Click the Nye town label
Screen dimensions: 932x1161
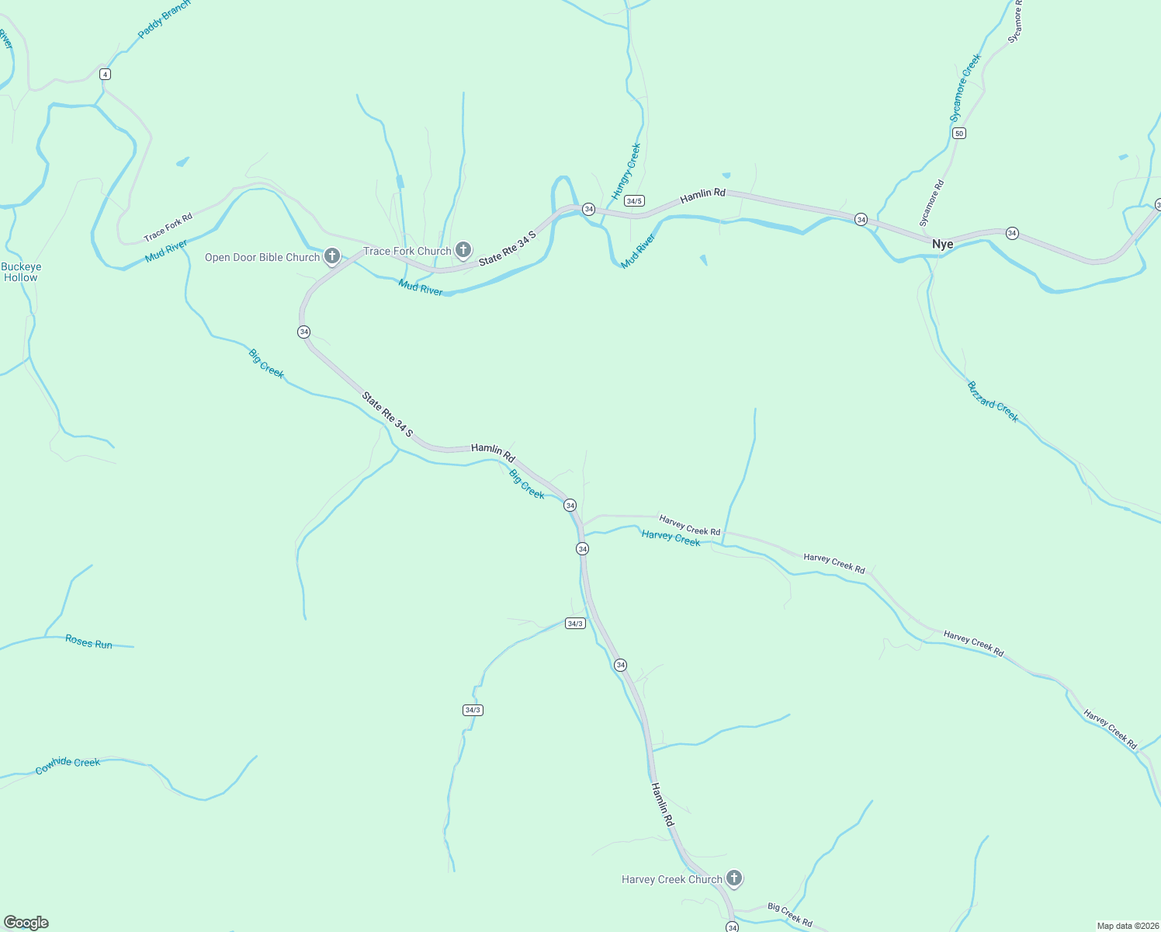click(x=942, y=244)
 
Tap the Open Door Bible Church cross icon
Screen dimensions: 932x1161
click(x=332, y=256)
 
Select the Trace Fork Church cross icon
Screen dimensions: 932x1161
click(x=463, y=249)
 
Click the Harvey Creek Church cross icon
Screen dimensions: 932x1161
click(x=734, y=878)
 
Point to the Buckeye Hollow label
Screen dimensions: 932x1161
click(x=21, y=272)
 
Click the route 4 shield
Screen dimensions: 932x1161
click(x=105, y=75)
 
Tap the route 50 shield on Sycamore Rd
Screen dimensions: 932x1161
click(x=959, y=134)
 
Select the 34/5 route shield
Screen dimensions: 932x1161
click(x=634, y=201)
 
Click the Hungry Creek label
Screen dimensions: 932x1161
click(x=626, y=172)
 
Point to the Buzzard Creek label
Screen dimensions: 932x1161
click(x=993, y=401)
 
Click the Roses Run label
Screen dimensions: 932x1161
click(x=88, y=642)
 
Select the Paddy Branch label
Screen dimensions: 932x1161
click(x=163, y=20)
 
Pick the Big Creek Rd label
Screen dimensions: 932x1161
click(x=789, y=914)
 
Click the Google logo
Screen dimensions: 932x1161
click(x=26, y=923)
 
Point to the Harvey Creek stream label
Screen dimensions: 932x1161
click(x=671, y=537)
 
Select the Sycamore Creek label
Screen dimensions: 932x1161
click(x=965, y=88)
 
